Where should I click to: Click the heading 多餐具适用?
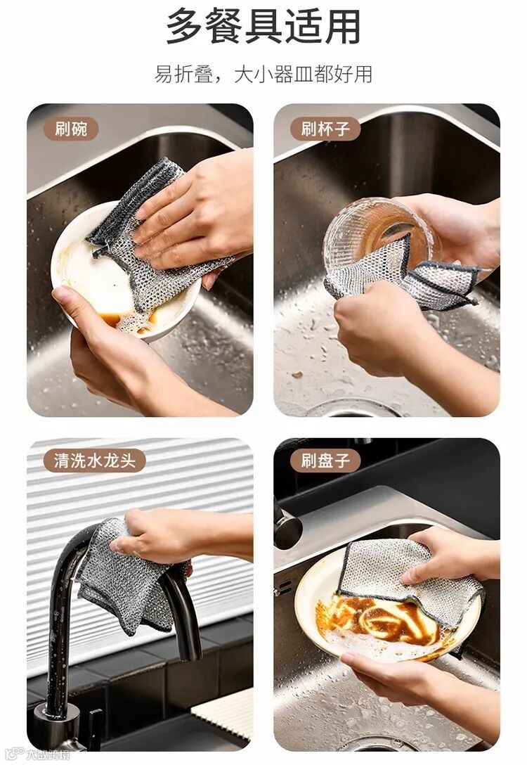(263, 26)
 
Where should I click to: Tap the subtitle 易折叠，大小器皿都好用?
(263, 74)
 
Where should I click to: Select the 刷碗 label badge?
(71, 129)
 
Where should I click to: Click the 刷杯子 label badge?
(325, 129)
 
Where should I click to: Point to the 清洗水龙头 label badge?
(94, 461)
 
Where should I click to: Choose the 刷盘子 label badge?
(325, 461)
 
